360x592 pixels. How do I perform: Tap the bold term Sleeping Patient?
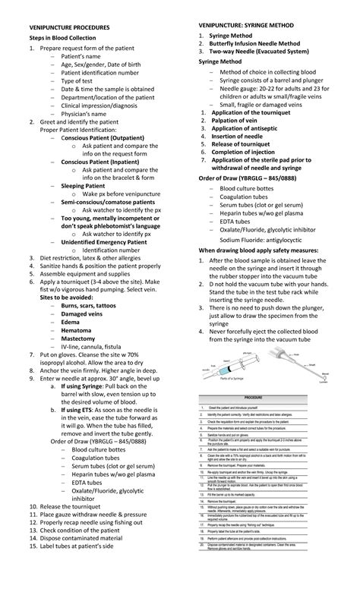pyautogui.click(x=83, y=184)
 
